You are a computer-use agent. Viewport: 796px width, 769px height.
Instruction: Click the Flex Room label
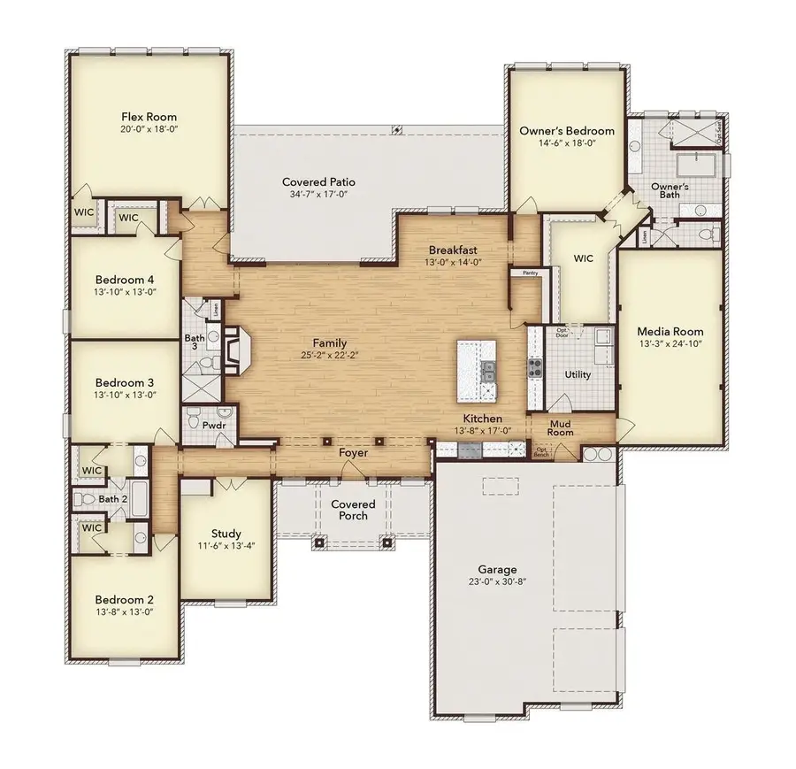pos(149,117)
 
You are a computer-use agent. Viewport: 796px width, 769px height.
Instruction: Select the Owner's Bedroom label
pos(566,131)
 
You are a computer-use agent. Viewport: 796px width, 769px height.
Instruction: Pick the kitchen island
pos(478,371)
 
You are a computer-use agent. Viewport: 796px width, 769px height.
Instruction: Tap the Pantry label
pos(530,273)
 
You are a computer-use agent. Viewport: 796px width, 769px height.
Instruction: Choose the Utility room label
pos(578,375)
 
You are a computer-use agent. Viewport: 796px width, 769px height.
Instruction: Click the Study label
pos(226,534)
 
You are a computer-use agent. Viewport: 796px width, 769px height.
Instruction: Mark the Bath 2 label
pos(112,499)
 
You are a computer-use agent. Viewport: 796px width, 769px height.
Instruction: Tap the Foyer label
pos(354,452)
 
